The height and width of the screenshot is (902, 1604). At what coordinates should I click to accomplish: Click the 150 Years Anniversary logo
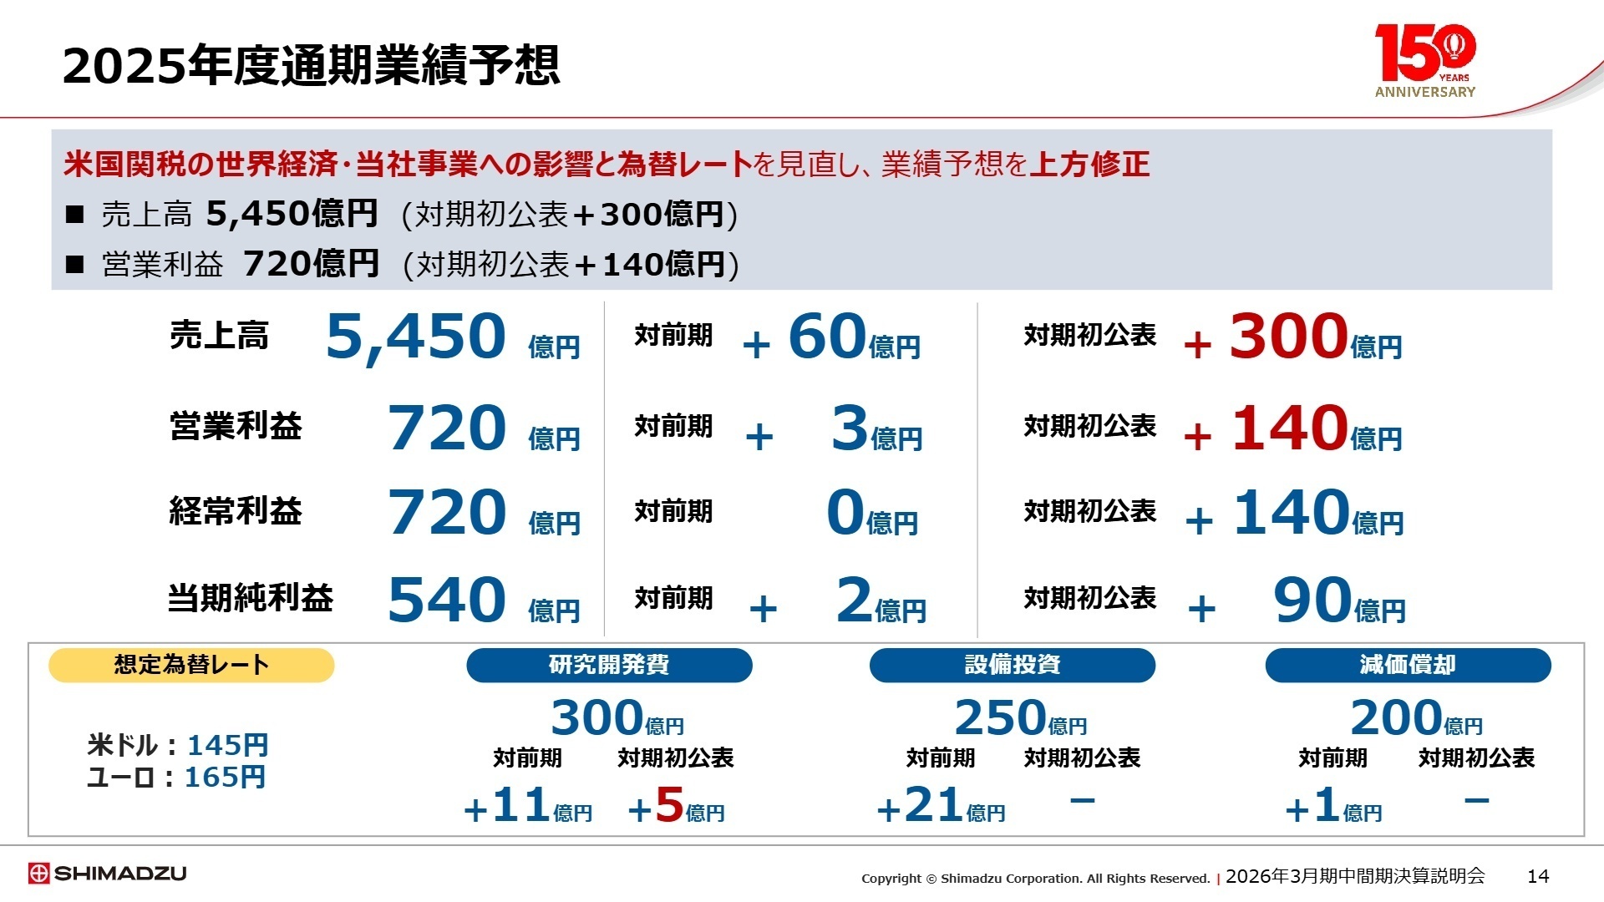point(1425,60)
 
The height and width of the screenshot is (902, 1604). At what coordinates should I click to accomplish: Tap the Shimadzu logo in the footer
point(107,874)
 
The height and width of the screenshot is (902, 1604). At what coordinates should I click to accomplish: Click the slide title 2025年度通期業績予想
point(311,65)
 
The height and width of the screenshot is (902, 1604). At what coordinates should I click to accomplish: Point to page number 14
point(1537,876)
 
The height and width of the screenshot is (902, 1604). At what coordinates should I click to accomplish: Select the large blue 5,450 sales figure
point(415,337)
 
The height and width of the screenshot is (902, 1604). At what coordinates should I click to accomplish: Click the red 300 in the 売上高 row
point(1288,337)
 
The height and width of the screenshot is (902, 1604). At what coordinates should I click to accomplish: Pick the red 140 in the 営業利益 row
point(1290,428)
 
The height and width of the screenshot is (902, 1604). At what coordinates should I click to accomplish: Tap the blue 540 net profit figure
point(447,600)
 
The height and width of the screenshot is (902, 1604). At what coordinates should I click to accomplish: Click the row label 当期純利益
point(251,598)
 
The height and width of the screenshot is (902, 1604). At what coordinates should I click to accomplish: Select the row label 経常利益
point(236,511)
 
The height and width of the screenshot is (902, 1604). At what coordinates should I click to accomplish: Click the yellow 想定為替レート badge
point(191,665)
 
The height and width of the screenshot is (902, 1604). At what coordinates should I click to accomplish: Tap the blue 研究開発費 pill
point(609,665)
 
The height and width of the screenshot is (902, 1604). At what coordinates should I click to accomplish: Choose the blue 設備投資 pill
point(1012,665)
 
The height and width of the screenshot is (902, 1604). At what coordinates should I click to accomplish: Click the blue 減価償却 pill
point(1408,665)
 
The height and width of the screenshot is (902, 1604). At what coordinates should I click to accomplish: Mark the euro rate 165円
point(225,778)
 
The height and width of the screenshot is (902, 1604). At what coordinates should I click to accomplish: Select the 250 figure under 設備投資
point(1000,717)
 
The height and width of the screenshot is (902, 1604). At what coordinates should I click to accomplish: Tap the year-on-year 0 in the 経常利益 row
point(845,512)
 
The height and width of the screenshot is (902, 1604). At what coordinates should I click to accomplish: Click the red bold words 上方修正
point(1089,164)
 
